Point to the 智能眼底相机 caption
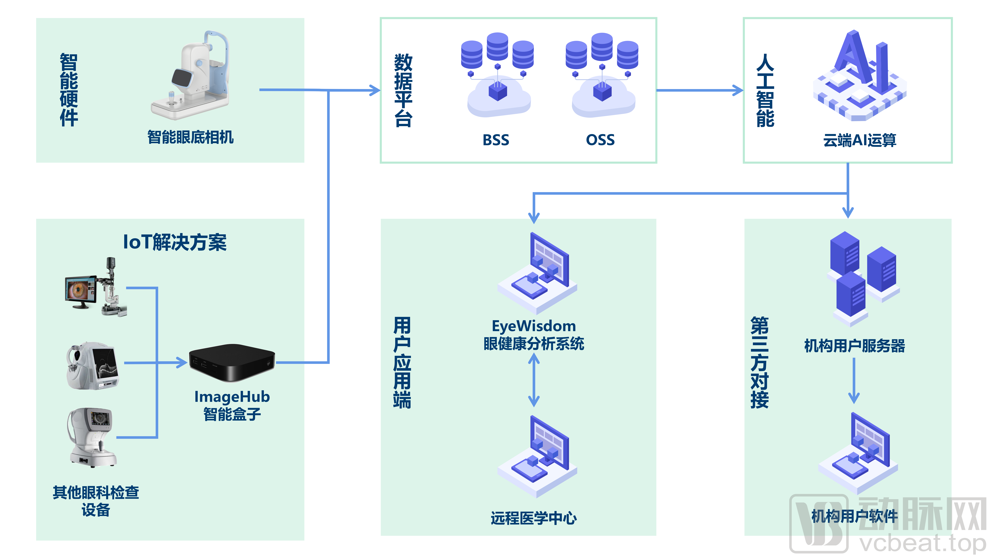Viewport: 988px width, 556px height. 191,137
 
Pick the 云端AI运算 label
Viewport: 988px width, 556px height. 859,140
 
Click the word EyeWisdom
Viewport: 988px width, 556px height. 534,326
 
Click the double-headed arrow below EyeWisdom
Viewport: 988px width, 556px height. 534,380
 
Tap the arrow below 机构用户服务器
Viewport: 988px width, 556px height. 854,381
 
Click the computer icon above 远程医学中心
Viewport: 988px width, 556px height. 537,457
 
